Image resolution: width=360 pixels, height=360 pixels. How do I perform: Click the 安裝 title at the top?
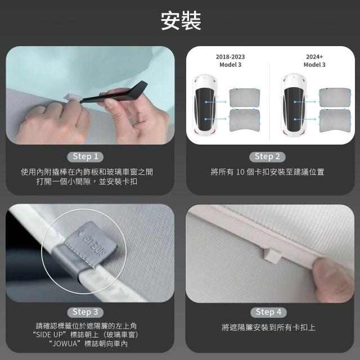click(x=181, y=21)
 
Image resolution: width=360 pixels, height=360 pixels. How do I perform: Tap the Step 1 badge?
click(x=85, y=157)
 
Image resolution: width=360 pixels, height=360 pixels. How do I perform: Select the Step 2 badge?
click(x=267, y=157)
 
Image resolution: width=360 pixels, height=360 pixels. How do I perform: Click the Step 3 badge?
click(x=85, y=312)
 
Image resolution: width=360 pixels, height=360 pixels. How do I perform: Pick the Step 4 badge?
click(x=268, y=312)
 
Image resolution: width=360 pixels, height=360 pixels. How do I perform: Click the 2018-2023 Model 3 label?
click(x=230, y=61)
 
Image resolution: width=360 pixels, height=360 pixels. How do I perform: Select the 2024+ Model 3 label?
click(x=314, y=61)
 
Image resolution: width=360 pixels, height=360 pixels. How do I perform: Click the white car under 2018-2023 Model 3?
click(x=205, y=105)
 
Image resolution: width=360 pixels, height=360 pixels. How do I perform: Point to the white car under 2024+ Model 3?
click(x=294, y=104)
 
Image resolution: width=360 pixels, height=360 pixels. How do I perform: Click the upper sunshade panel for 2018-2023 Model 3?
click(x=245, y=98)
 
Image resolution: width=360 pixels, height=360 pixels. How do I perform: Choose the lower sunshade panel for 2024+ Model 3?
click(x=335, y=120)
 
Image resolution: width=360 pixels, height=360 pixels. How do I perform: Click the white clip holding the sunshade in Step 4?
click(x=272, y=254)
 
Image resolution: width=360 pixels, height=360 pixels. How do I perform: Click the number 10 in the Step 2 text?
click(x=240, y=172)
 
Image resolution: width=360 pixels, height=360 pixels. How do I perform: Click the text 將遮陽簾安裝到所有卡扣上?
click(x=268, y=327)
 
